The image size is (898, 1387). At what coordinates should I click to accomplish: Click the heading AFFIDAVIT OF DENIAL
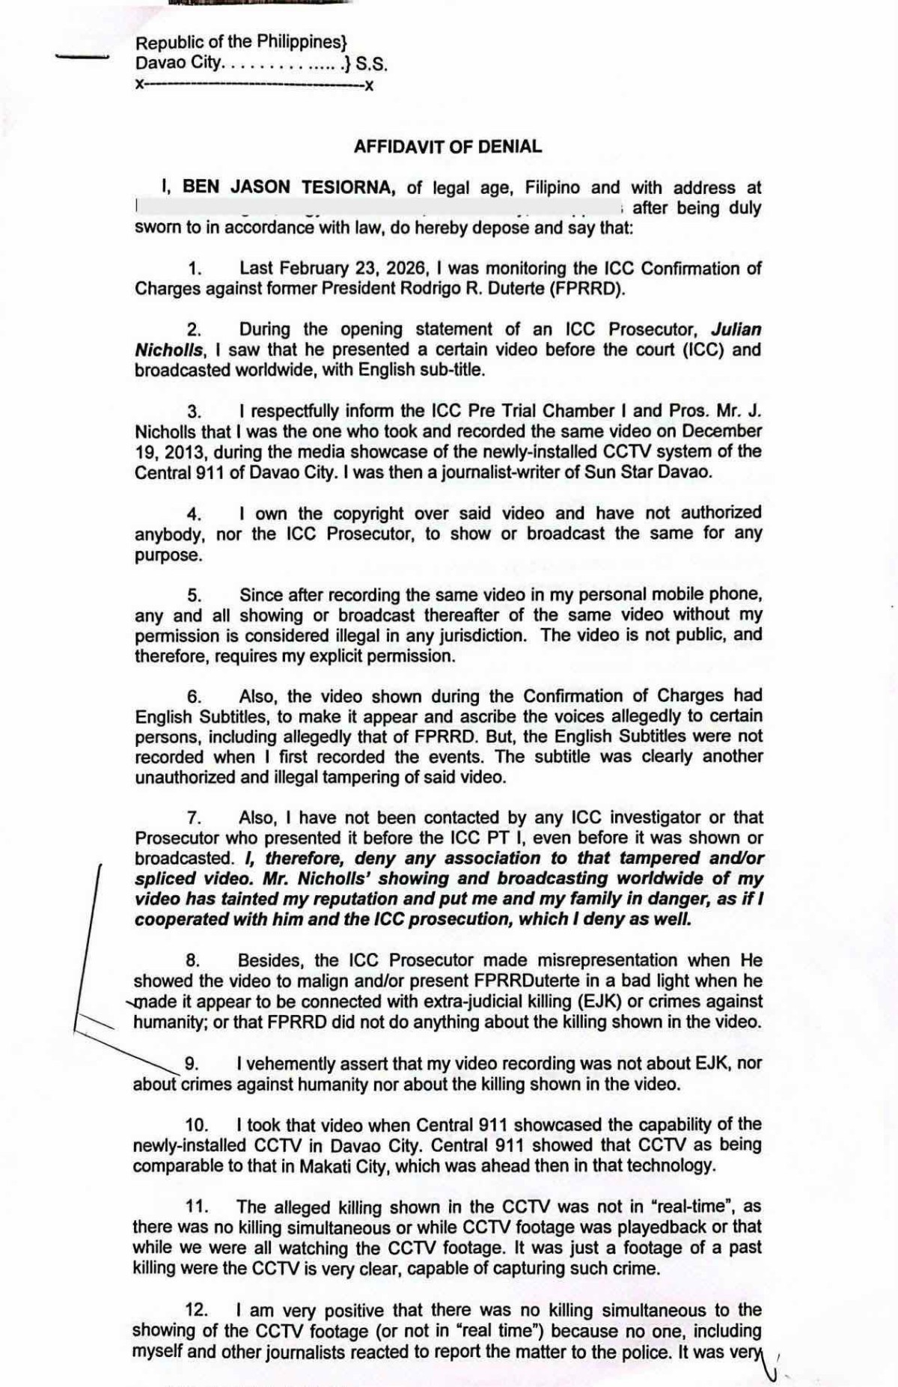click(x=448, y=147)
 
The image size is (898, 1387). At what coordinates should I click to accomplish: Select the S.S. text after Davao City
click(x=371, y=64)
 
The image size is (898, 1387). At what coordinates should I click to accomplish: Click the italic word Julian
click(x=736, y=329)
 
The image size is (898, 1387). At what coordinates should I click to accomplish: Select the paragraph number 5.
click(x=194, y=596)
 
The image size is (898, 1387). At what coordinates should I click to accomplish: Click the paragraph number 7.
click(x=194, y=818)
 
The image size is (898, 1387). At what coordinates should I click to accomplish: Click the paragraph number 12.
click(x=195, y=1311)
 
